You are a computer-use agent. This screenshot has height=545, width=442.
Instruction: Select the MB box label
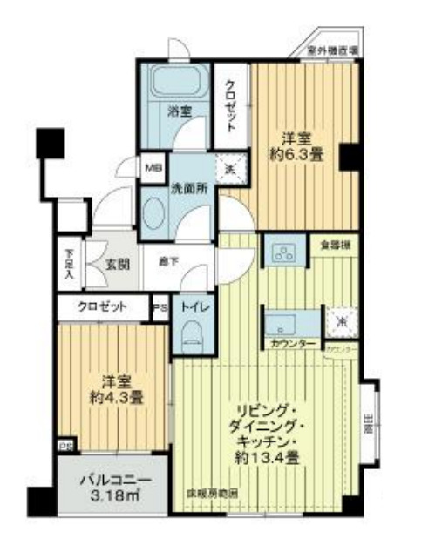pyautogui.click(x=152, y=166)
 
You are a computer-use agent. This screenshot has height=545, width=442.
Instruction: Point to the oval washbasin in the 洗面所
pyautogui.click(x=154, y=212)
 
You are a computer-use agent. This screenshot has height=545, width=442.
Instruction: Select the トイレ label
pyautogui.click(x=191, y=306)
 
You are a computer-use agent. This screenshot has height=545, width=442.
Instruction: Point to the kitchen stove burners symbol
pyautogui.click(x=284, y=253)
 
